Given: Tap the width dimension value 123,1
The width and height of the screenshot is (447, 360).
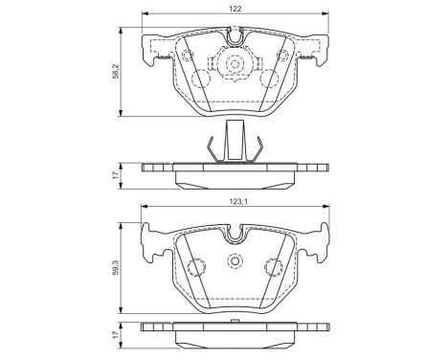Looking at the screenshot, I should [235, 203].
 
